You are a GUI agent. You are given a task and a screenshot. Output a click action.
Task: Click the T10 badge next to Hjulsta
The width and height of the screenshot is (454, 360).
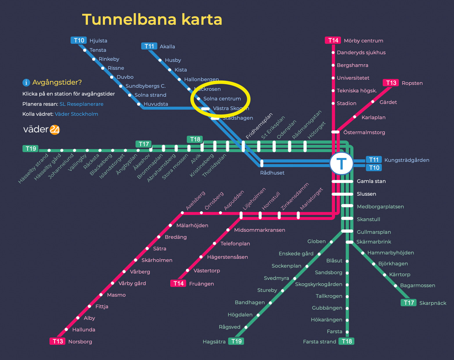pos(79,40)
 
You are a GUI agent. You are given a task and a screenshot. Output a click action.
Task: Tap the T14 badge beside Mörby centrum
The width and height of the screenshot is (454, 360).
pos(333,40)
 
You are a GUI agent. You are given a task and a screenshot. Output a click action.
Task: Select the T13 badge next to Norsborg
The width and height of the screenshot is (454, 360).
pos(57,341)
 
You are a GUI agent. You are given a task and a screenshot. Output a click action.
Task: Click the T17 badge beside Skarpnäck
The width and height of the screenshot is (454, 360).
pos(409,303)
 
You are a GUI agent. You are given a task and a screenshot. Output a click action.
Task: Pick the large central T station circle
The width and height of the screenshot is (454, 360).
pos(341,163)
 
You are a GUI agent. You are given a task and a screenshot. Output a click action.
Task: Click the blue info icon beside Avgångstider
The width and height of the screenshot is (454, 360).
pos(26,82)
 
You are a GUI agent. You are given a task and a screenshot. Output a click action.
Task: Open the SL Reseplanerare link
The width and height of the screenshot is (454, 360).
pos(81,104)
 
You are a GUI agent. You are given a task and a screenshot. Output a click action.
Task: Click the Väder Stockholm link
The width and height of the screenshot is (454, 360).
pos(76,114)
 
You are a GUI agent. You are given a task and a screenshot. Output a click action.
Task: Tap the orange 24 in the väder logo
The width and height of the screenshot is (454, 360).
pos(55,129)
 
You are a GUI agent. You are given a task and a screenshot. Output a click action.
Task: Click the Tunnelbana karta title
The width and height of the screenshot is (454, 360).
pos(152,19)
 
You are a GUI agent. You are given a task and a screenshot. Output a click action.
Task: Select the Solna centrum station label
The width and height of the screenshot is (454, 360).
pos(222,99)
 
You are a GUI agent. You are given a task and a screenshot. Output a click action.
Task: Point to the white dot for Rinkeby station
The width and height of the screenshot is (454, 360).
pos(94,59)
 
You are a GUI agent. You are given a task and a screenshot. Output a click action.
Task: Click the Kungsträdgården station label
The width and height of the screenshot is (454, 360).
pos(407,160)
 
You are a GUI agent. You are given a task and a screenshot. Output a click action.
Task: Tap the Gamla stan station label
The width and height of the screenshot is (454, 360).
pos(371,181)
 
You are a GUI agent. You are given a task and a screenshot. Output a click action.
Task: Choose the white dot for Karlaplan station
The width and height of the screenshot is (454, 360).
pos(355,117)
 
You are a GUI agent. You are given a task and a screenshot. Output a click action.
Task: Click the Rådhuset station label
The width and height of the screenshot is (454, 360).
pos(272,173)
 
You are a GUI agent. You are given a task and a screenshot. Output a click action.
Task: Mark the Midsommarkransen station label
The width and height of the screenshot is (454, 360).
pos(260,230)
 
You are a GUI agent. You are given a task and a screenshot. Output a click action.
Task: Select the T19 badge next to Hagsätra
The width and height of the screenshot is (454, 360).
pos(236,341)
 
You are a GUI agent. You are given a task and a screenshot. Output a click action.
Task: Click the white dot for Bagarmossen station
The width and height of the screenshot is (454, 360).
pos(395,286)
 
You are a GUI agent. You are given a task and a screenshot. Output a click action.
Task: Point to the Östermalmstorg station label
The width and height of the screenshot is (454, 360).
pos(364,132)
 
